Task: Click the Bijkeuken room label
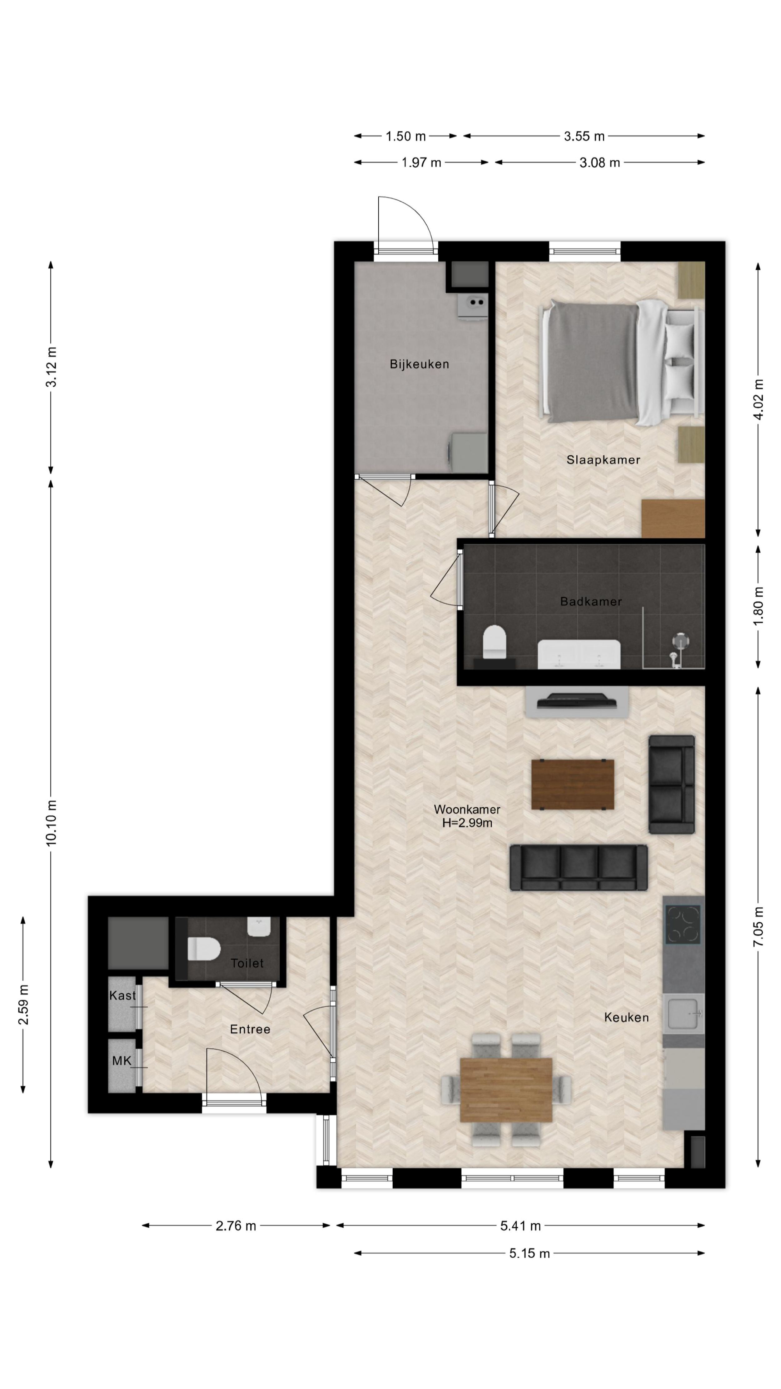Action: (419, 364)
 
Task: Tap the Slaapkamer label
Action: (603, 460)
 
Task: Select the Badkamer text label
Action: (591, 602)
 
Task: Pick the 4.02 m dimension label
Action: (759, 399)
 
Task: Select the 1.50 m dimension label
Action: (405, 136)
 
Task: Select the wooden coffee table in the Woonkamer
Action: (572, 785)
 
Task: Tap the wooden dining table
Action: (505, 1090)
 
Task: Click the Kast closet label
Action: (122, 996)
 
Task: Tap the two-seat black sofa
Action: (671, 785)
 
